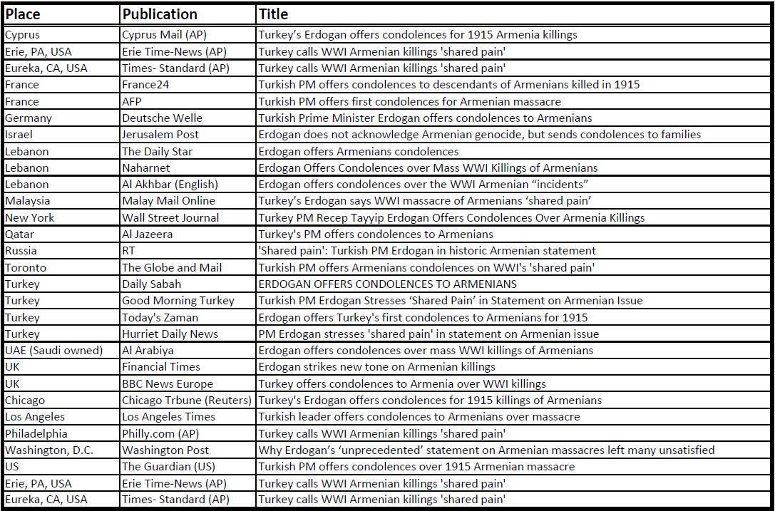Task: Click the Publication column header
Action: tap(159, 14)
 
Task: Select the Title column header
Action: tap(273, 14)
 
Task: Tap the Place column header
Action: tap(23, 14)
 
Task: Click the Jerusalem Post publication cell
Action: tap(160, 135)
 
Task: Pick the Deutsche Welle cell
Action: tap(162, 118)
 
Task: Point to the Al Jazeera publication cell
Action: tap(147, 234)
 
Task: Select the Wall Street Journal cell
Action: tap(170, 218)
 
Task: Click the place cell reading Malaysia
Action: tap(27, 201)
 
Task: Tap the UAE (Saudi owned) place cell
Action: tap(53, 351)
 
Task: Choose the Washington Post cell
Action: tap(165, 450)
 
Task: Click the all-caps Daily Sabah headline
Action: tap(388, 284)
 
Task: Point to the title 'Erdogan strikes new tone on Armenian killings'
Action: tap(376, 367)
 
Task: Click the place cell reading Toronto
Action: tap(26, 268)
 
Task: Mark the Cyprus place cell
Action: tap(24, 35)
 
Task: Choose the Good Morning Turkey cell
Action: tap(178, 301)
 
